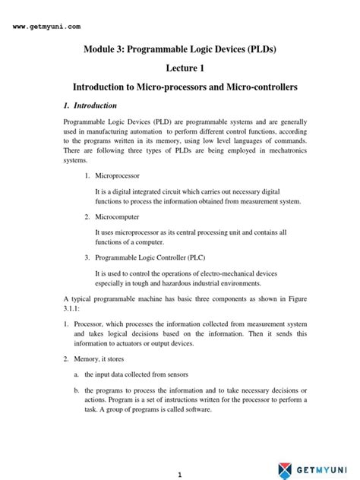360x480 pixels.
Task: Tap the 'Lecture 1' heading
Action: (180, 68)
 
